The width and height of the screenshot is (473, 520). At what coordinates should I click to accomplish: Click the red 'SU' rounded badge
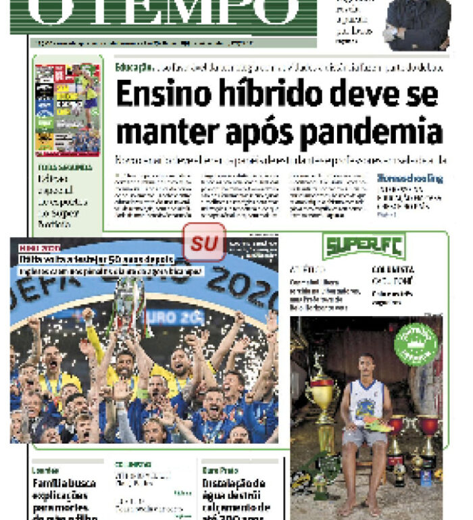[204, 242]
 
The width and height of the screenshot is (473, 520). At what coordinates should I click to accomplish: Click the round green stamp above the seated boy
[416, 343]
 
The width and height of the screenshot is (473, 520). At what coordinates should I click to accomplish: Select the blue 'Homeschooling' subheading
[410, 179]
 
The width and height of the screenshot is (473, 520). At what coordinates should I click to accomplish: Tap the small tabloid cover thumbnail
[67, 109]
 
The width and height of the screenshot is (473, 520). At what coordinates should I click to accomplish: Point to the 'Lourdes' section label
[45, 469]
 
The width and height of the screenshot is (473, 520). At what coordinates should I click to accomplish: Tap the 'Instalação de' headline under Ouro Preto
[233, 484]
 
